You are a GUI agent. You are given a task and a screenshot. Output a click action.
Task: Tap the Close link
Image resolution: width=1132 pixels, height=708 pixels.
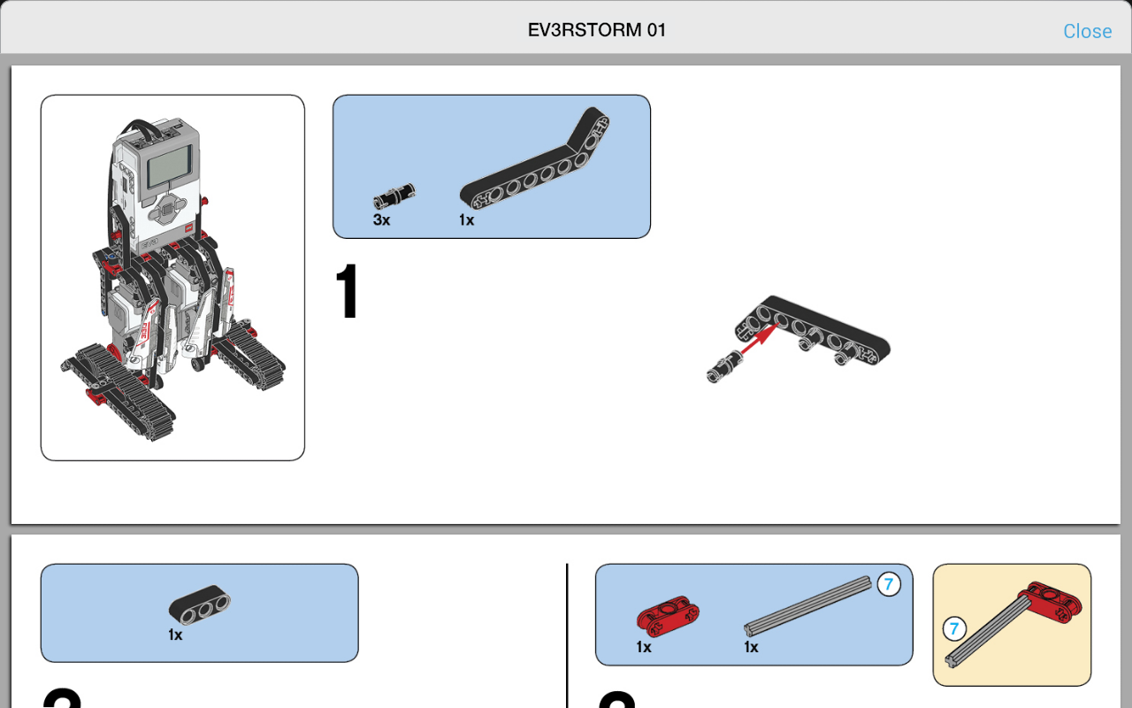click(1087, 31)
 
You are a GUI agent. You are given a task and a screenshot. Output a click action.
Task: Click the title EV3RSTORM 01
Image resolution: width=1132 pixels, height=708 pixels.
click(597, 30)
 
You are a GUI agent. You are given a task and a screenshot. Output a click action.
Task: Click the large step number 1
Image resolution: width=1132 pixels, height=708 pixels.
click(348, 293)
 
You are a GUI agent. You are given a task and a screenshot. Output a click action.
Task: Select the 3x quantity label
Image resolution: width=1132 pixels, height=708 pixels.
click(381, 219)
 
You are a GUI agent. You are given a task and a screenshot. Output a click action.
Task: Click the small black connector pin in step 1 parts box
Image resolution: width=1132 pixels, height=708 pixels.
click(394, 195)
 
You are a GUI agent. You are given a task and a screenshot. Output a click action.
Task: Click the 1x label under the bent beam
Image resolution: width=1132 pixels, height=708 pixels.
click(466, 219)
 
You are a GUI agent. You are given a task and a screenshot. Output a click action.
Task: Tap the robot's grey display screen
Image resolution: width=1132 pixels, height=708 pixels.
click(168, 166)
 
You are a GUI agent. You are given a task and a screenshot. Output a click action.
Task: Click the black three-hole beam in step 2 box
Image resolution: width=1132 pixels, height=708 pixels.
click(200, 606)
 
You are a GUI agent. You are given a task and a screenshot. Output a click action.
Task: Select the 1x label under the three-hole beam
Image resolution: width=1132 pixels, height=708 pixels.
click(175, 635)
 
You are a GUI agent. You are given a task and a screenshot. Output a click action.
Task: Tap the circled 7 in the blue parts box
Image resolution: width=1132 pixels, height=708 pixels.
click(888, 584)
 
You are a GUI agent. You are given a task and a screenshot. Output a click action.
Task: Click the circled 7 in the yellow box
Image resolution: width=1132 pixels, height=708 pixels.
click(953, 629)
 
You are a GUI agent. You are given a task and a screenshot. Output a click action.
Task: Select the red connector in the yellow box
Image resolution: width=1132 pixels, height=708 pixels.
click(1051, 599)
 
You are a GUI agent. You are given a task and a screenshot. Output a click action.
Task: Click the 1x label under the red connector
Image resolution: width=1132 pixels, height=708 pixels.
click(644, 647)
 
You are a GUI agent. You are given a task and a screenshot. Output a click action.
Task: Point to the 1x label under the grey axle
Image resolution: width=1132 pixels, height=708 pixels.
click(751, 647)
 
